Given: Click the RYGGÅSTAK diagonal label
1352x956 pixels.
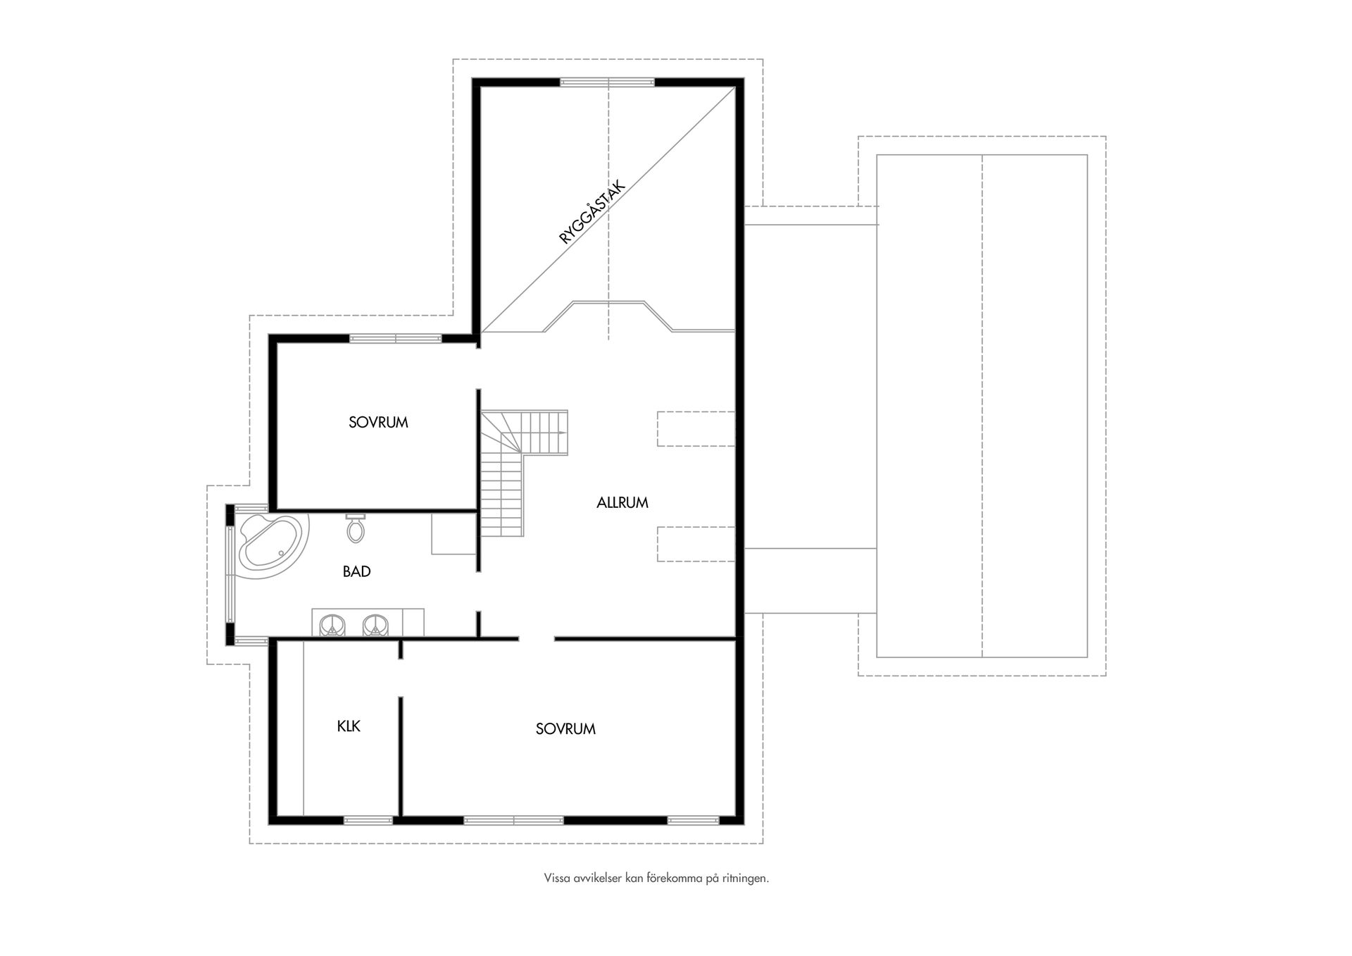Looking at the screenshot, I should click(592, 211).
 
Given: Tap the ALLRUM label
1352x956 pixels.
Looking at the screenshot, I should click(622, 503).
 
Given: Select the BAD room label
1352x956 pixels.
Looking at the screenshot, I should click(356, 571).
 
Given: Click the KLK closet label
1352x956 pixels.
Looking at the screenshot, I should click(349, 726).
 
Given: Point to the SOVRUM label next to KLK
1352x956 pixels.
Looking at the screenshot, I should click(565, 729).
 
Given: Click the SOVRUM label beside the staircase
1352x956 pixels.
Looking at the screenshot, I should click(378, 423).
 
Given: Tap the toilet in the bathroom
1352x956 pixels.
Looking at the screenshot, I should click(356, 528).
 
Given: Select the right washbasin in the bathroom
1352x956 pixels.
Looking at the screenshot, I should click(375, 625).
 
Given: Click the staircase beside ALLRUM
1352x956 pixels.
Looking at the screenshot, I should click(518, 465).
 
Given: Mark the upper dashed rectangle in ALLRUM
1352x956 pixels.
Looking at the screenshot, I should click(696, 429).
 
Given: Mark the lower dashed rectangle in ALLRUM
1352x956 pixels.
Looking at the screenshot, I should click(696, 544).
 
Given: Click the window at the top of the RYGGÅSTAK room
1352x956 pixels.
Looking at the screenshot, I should click(607, 82).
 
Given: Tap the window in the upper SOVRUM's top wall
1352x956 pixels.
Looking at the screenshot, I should click(395, 339).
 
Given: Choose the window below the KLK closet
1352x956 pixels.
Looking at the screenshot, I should click(368, 820).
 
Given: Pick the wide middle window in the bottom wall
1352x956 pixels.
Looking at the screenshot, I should click(513, 820).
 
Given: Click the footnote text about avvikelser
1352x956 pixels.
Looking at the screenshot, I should click(656, 879).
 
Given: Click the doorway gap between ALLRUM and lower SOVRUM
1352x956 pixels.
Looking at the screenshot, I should click(537, 639).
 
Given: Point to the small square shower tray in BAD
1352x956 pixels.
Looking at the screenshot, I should click(453, 534).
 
